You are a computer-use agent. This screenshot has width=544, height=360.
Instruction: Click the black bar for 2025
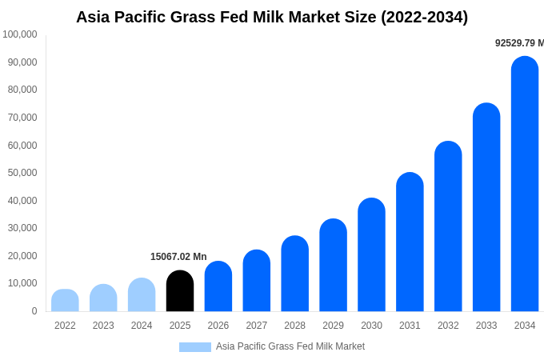coord(180,291)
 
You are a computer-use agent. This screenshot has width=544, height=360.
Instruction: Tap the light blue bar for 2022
coord(65,301)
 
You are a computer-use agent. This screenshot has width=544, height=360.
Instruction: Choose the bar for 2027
coord(257,281)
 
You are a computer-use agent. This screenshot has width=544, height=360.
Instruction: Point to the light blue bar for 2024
coord(142,295)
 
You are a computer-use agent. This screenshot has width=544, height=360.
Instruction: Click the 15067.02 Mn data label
coord(178,257)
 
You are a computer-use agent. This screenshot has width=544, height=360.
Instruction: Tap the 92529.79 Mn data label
coord(518,43)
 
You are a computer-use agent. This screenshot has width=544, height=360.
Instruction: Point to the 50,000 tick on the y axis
coord(23,173)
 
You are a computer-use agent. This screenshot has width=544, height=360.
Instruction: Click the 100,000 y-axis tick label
coord(20,34)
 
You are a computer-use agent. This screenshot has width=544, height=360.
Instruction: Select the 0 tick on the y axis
coord(34,311)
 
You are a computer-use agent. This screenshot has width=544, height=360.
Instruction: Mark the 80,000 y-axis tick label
coord(23,90)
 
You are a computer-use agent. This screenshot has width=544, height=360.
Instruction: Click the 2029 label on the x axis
coord(333,326)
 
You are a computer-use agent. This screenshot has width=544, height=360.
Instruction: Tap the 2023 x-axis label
coord(103,326)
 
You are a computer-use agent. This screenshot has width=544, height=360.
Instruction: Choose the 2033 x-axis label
coord(486,326)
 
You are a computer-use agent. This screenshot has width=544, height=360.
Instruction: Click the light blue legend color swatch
coord(195,347)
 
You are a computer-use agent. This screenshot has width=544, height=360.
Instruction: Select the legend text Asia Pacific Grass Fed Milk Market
coord(290,346)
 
